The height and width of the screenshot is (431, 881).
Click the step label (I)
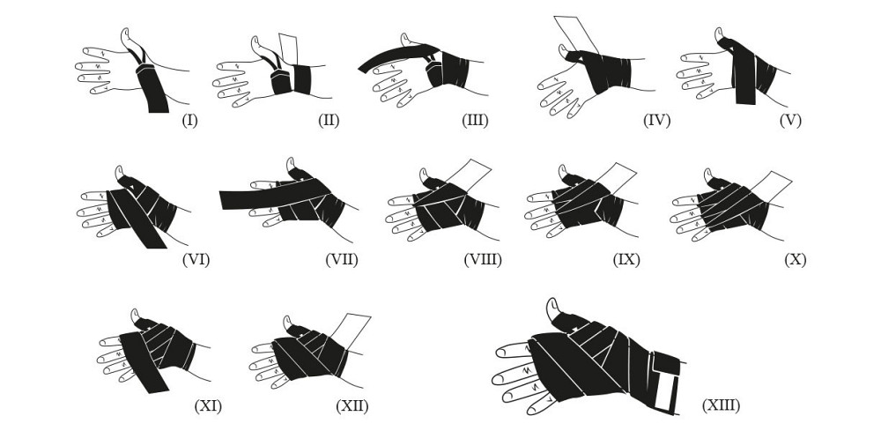(190, 121)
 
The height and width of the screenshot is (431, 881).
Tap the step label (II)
(329, 121)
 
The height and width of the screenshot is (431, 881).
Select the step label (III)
(476, 121)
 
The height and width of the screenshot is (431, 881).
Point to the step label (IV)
(657, 121)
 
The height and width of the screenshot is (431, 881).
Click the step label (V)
(790, 121)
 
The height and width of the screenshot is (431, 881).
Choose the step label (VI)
(196, 260)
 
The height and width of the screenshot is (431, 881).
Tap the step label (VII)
(342, 260)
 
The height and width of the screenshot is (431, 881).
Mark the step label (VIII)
(483, 260)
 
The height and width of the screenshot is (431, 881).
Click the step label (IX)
(626, 260)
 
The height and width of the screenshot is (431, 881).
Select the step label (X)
(796, 260)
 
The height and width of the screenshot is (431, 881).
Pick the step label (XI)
(208, 405)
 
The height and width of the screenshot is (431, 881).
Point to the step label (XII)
(352, 405)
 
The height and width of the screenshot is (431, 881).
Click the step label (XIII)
(722, 405)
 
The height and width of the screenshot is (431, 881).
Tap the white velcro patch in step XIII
(667, 392)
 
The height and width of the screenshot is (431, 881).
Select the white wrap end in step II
(288, 49)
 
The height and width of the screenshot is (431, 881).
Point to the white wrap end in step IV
(575, 34)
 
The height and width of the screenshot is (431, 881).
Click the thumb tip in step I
(126, 33)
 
